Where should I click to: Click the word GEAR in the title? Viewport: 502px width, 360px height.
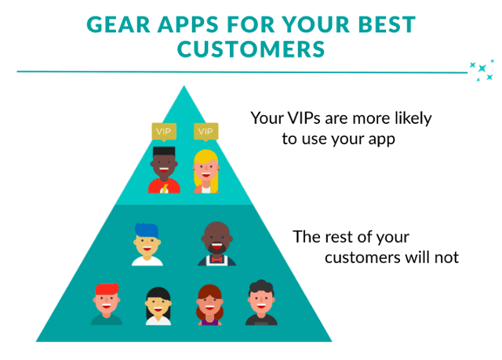[x=118, y=24]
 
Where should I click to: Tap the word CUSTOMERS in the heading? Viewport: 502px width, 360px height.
[x=251, y=49]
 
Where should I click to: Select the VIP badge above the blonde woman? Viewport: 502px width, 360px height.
[x=206, y=132]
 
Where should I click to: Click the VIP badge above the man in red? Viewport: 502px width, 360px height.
[x=164, y=132]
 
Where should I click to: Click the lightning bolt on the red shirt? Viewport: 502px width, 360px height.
[x=165, y=189]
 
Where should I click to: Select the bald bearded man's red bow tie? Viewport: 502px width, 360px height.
[x=216, y=259]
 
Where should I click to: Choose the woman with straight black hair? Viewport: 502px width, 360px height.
[x=158, y=306]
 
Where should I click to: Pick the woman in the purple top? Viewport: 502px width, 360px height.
[x=209, y=305]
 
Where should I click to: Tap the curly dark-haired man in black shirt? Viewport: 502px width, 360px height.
[x=261, y=303]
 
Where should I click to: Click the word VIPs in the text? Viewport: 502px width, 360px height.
[x=304, y=118]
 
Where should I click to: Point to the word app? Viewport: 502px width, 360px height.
[x=382, y=140]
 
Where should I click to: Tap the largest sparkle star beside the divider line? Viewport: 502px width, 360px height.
[x=482, y=68]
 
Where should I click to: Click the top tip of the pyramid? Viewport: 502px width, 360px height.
[x=184, y=85]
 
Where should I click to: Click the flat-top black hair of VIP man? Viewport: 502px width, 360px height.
[x=164, y=151]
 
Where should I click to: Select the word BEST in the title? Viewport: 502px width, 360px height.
[x=387, y=24]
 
